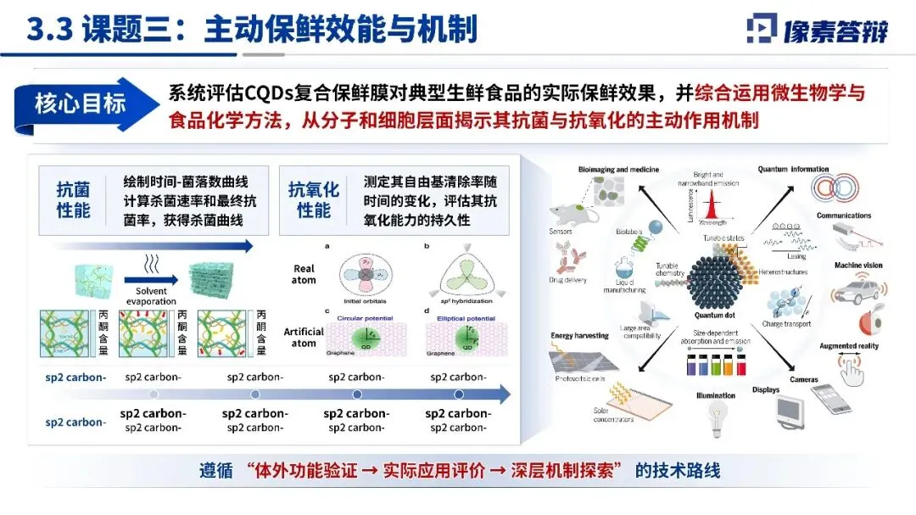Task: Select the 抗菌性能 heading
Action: (73, 200)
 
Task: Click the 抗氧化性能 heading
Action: (314, 200)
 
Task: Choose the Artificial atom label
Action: (302, 337)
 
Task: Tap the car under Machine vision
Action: (851, 294)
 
